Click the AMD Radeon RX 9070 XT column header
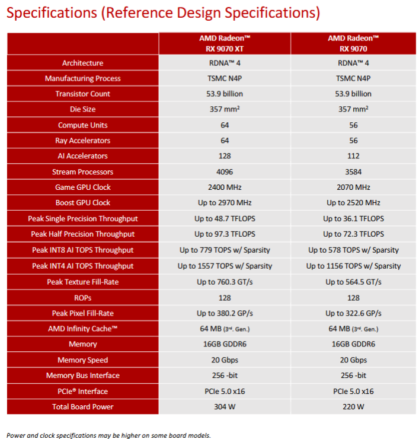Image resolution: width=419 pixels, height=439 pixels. pos(225,43)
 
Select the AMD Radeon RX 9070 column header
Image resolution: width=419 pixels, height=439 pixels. pos(353,43)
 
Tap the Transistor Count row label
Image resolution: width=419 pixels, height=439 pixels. pos(83,94)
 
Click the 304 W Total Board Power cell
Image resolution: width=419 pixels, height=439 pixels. pos(225,406)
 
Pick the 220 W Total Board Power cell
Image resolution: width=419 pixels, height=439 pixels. pos(353,406)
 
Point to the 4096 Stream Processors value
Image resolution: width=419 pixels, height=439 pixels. pos(225,171)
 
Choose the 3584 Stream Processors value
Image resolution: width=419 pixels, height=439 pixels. pos(353,171)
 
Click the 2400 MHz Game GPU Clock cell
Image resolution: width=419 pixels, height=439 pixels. pos(225,187)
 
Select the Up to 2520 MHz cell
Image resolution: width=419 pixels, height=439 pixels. pos(353,203)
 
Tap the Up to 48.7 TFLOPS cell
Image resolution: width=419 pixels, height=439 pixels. pos(225,218)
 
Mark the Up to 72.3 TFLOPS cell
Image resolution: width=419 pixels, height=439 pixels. pos(353,234)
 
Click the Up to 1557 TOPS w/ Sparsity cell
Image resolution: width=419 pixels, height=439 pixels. pos(225,266)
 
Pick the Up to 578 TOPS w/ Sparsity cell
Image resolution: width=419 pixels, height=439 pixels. pos(353,250)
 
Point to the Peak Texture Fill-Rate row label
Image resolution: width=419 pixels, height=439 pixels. pos(83,282)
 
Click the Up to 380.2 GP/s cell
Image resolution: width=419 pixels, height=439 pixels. pos(225,313)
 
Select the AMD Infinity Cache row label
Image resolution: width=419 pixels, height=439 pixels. pos(83,328)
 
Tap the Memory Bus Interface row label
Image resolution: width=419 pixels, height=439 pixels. pos(83,375)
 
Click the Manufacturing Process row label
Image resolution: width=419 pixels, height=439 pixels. pos(83,78)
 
